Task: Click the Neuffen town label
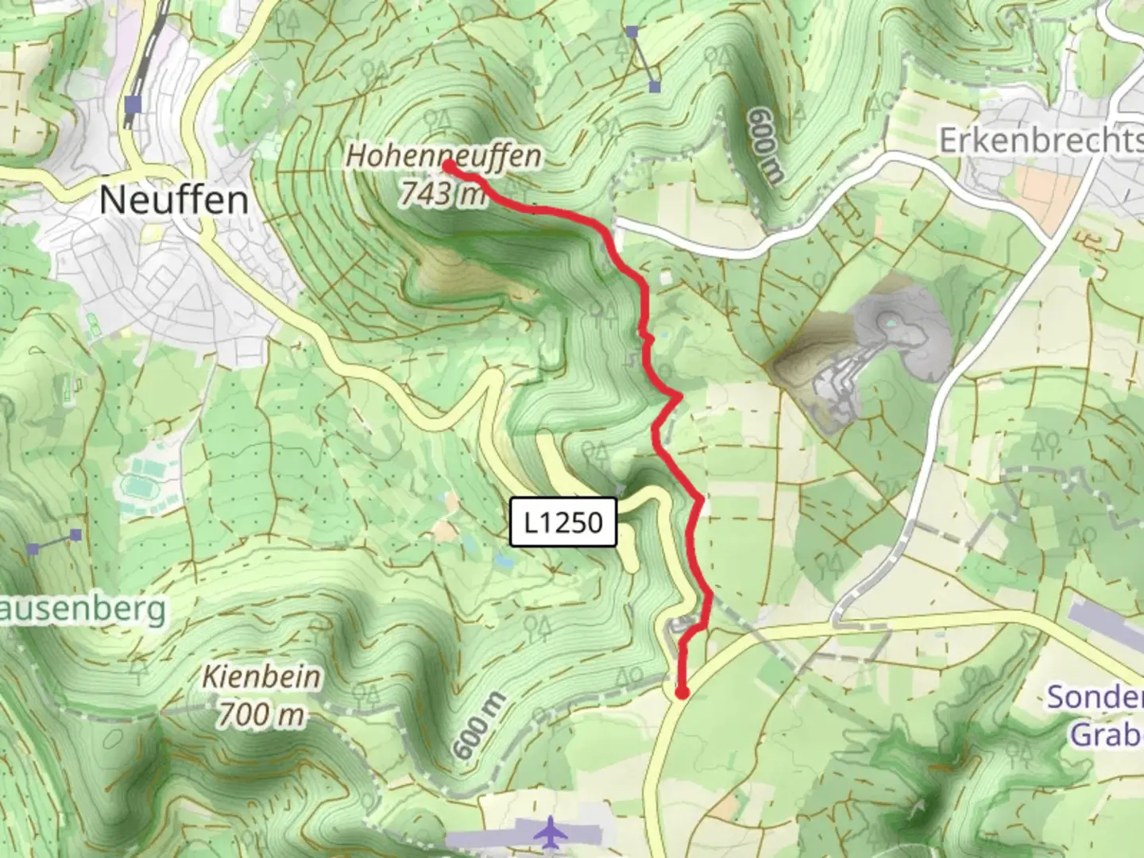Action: click(x=174, y=199)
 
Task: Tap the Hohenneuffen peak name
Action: click(x=443, y=155)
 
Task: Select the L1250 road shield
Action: click(x=562, y=522)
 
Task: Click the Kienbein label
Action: click(x=261, y=677)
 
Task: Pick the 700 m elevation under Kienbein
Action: click(x=261, y=714)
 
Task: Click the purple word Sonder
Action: click(x=1095, y=697)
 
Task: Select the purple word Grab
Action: click(x=1106, y=734)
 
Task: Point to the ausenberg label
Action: click(x=83, y=610)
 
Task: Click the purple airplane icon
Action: click(x=548, y=833)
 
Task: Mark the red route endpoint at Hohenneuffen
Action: click(x=448, y=166)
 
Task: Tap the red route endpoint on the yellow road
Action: click(x=682, y=694)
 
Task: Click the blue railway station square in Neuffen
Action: click(x=133, y=104)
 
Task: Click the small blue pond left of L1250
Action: click(x=502, y=560)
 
